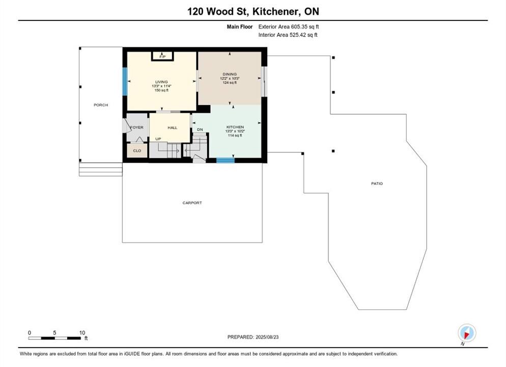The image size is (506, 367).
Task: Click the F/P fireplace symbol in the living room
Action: pos(163,56)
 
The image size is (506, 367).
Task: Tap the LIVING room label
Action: pos(161,82)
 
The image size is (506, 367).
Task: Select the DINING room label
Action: pos(230,74)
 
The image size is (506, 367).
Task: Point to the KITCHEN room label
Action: pos(235,127)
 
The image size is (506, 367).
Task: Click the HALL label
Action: pos(173,127)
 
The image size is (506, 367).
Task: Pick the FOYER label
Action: pos(137,127)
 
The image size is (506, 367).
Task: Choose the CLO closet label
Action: pos(137,150)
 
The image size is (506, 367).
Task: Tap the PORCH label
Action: pos(101,105)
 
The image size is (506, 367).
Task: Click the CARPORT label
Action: pos(192,202)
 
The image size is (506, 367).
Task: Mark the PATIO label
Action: pos(377,183)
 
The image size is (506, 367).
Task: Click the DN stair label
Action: pos(200,129)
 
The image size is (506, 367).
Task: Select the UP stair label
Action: pos(158,139)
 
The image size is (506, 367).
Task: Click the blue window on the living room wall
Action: pos(125,82)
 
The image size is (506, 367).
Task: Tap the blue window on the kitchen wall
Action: pos(225,160)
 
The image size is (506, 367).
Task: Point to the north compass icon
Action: pos(467,333)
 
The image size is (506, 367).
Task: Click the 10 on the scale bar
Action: pos(82,332)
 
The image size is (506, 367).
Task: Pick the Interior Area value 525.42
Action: pos(297,35)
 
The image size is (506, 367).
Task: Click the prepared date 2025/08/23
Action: pos(267,337)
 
